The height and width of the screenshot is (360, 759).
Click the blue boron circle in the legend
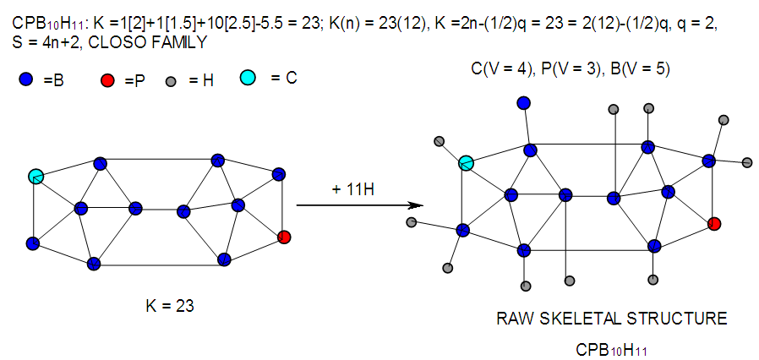(x=25, y=79)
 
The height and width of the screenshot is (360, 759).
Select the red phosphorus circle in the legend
(x=107, y=80)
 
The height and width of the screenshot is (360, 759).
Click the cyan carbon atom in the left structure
(x=35, y=176)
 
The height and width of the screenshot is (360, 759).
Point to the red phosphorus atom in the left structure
(x=284, y=237)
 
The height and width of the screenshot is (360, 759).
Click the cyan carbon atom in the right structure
(x=466, y=163)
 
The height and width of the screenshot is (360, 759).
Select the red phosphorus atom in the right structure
(x=714, y=224)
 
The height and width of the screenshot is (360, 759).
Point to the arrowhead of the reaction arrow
(x=416, y=205)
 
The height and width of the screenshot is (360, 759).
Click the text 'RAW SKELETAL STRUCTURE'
(x=611, y=319)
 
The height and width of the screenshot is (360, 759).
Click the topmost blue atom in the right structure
(x=524, y=103)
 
